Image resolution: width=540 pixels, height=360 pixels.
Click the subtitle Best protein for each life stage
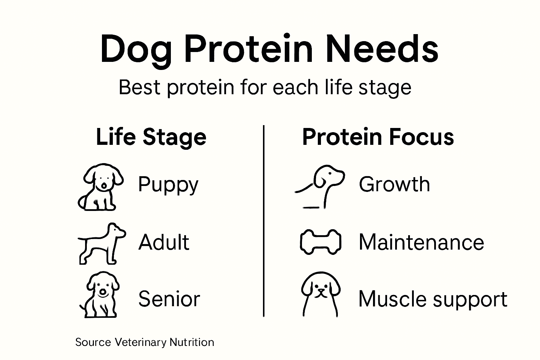(265, 87)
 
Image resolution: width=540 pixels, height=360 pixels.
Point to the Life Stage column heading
(151, 137)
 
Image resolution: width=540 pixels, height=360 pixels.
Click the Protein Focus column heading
(378, 137)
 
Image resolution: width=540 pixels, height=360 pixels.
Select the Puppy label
(168, 185)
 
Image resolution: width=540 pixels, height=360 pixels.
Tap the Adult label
(164, 242)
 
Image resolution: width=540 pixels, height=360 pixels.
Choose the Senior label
(169, 299)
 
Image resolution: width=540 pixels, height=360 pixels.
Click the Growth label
(394, 184)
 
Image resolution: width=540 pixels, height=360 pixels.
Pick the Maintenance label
(421, 242)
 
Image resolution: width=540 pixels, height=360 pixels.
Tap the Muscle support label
(433, 299)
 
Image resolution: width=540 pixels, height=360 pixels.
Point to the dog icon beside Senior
(100, 295)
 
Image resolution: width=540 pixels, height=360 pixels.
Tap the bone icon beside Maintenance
(320, 242)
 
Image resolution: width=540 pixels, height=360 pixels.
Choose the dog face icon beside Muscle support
(320, 294)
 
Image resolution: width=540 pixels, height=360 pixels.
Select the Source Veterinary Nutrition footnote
(144, 342)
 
